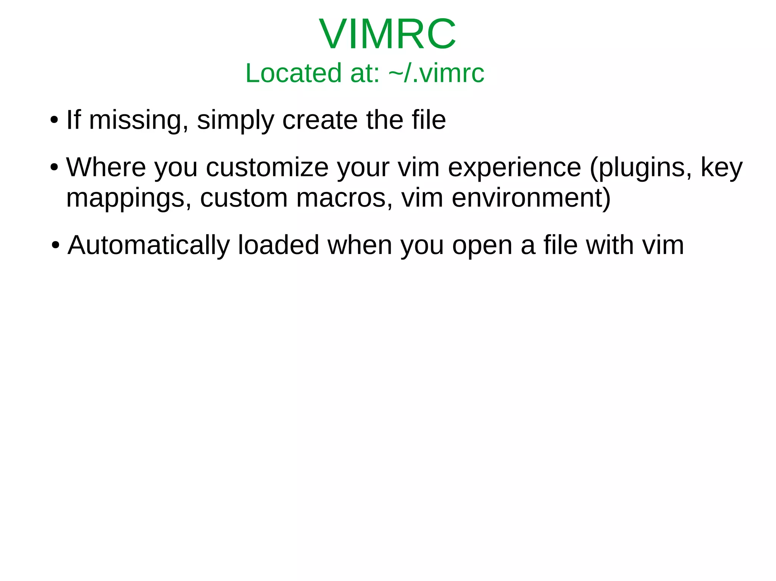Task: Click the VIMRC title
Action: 388,34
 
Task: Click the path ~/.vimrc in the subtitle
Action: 436,73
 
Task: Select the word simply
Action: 235,120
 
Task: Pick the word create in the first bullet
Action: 320,120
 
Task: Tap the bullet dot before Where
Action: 54,167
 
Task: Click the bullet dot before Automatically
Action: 56,245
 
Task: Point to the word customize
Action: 267,167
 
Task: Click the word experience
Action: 514,167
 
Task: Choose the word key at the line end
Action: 721,167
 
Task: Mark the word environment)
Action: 531,198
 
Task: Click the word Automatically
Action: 149,245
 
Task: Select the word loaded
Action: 278,245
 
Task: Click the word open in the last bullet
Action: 482,245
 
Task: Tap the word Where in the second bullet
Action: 106,167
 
